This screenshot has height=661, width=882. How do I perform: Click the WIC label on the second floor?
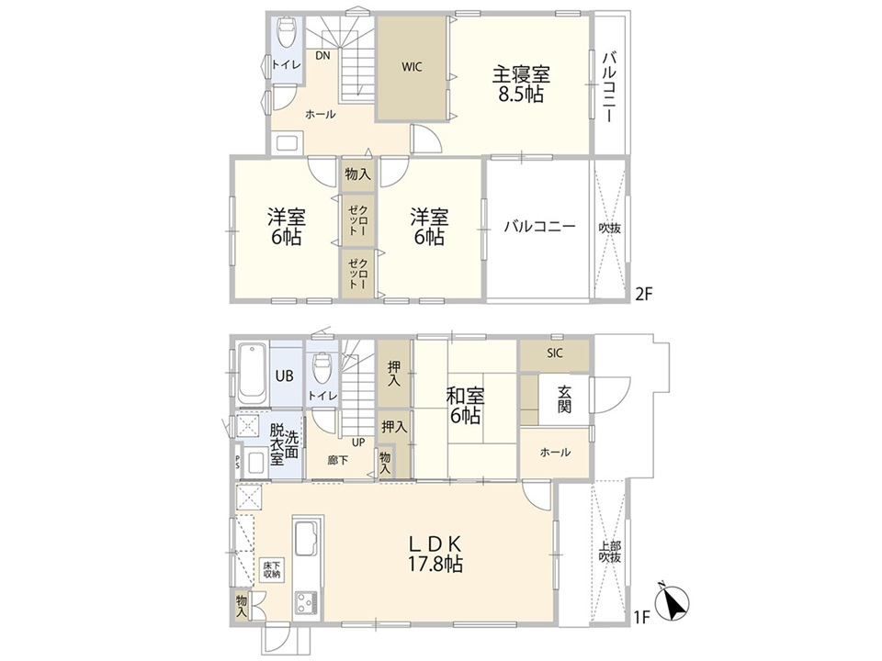(412, 67)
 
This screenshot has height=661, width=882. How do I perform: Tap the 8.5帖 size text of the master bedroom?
(522, 95)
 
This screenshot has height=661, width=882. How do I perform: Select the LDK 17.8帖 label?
(435, 554)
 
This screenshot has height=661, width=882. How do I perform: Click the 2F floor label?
(644, 294)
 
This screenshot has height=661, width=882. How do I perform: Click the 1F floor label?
(642, 618)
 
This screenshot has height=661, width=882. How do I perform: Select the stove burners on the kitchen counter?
(307, 603)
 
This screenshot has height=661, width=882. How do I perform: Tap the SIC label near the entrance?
(555, 353)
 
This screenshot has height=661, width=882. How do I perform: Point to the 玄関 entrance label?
(565, 398)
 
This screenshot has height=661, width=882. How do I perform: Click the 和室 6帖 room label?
(465, 406)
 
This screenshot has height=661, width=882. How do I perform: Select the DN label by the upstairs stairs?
(322, 55)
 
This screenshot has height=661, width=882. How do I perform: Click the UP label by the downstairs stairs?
(358, 442)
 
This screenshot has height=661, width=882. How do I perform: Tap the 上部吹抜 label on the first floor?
(610, 551)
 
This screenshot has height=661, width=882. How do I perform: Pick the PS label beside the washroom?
(237, 462)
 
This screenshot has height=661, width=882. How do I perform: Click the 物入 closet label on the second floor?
(357, 174)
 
